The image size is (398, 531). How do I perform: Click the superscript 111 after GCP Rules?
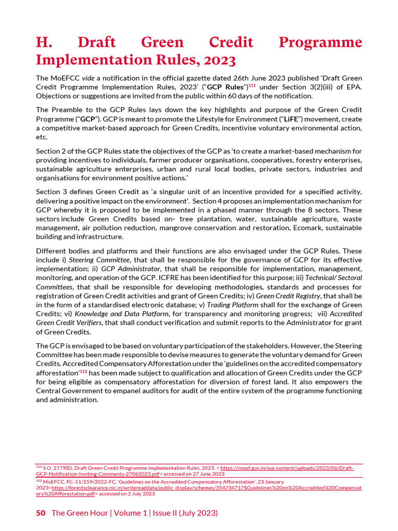pos(252,85)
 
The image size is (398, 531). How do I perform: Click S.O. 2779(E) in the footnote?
pos(57,468)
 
